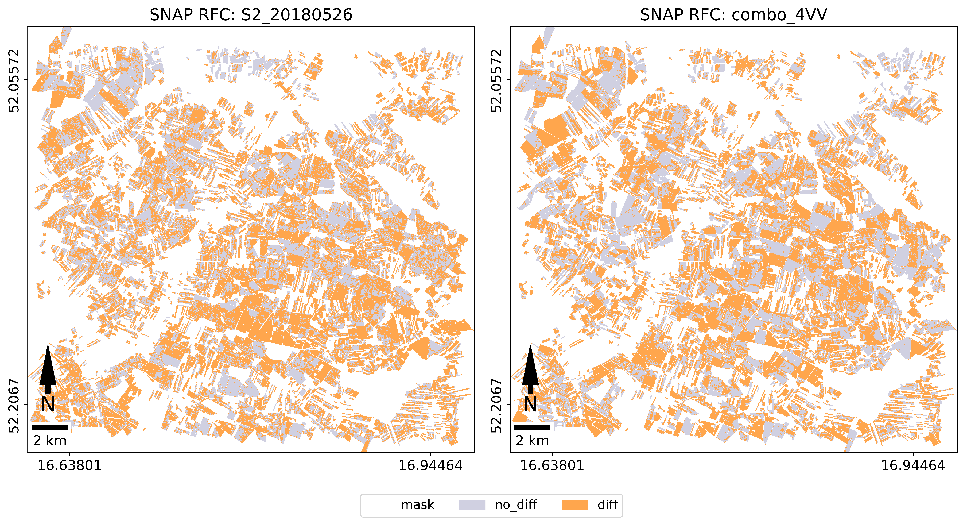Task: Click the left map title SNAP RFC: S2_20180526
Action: point(251,15)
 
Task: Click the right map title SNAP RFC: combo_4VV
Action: point(733,15)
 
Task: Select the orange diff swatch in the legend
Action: point(574,504)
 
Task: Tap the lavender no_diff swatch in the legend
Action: point(472,504)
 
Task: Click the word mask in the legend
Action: point(417,505)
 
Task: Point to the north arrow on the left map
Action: point(48,368)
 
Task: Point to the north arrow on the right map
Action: point(530,368)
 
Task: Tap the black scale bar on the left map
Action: point(49,427)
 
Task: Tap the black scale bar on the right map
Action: point(532,427)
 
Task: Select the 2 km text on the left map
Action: point(49,441)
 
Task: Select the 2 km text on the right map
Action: point(532,441)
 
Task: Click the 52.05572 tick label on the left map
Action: point(14,80)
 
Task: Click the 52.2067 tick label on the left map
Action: point(14,406)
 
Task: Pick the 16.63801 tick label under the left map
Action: point(69,466)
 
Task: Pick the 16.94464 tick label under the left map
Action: point(430,466)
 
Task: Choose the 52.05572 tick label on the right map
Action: point(496,80)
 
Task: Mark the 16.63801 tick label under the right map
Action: point(552,466)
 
